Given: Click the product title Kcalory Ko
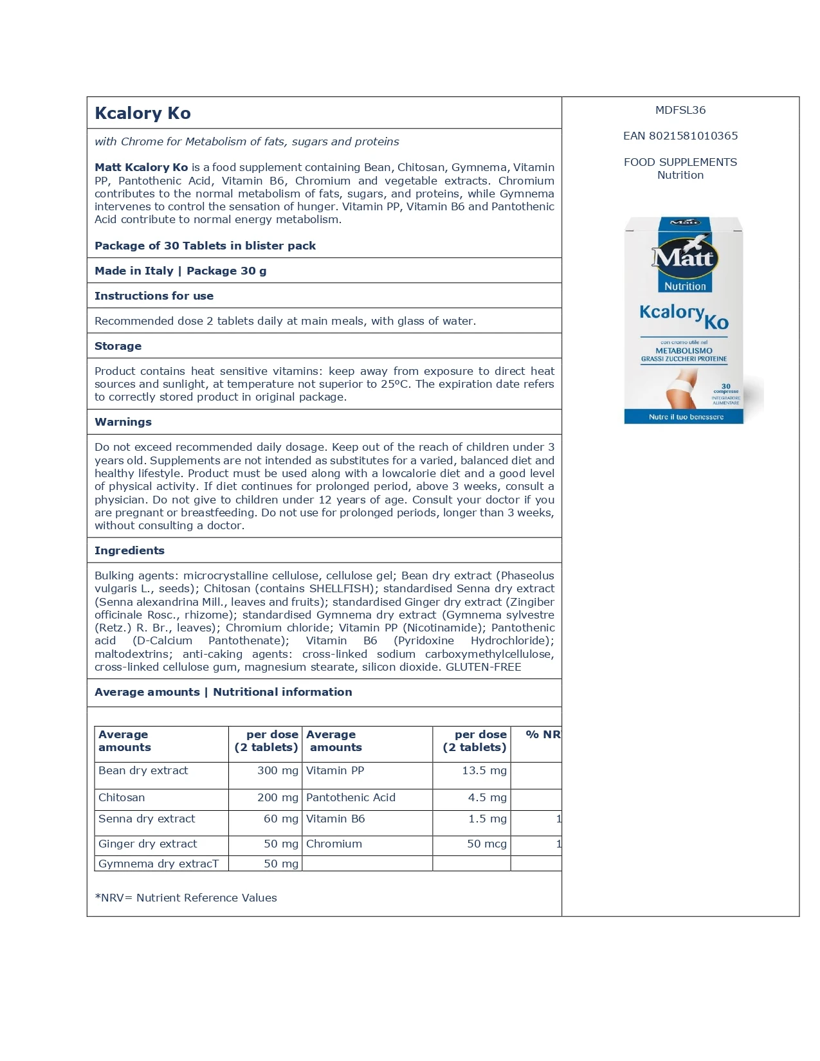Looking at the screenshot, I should (143, 113).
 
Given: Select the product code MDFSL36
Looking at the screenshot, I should (680, 110).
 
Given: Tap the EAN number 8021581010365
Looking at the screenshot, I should (680, 136).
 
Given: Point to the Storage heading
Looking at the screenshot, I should (118, 346).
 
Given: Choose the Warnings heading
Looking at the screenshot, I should (123, 422).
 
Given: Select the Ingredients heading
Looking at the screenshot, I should (129, 550).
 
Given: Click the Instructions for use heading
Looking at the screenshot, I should (154, 296).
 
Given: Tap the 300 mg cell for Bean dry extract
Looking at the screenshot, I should (277, 770).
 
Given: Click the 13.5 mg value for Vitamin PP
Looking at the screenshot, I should (484, 770).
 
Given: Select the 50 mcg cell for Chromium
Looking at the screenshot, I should (486, 844).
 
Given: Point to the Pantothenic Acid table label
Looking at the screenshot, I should (351, 797).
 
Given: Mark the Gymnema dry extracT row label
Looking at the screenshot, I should (158, 864).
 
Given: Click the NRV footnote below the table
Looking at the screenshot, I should (186, 898).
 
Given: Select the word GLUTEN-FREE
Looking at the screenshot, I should (483, 667).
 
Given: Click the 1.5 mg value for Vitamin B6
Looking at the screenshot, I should (487, 819).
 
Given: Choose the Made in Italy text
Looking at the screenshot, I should (134, 271).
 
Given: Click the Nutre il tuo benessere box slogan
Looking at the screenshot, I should (686, 417).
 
